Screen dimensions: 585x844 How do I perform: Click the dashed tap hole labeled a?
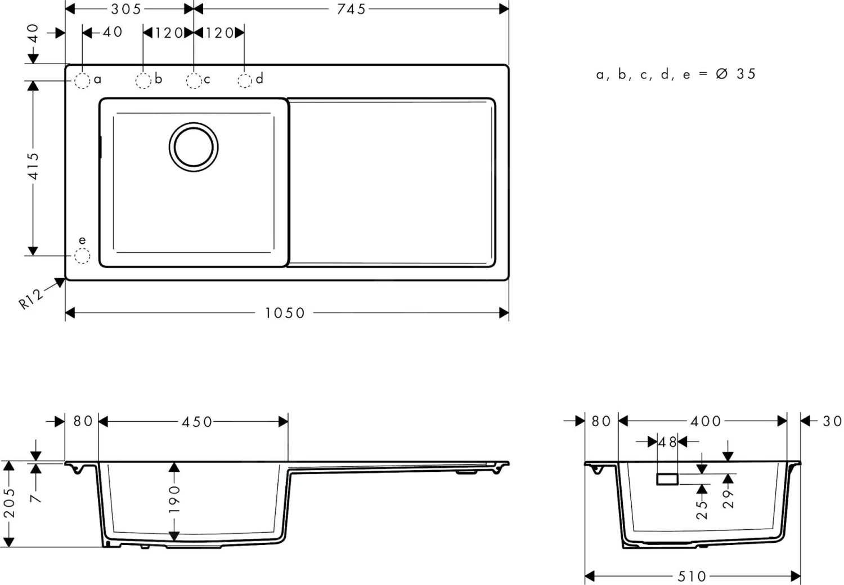point(82,81)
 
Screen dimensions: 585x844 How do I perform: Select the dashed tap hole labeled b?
point(143,81)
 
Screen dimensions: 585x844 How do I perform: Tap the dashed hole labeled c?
point(194,81)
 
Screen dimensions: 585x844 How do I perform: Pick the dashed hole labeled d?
point(244,81)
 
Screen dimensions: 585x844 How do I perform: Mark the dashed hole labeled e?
point(82,256)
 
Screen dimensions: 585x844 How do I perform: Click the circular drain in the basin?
point(194,147)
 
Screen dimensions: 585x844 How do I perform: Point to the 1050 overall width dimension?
point(285,313)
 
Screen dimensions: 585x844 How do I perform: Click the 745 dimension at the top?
point(351,9)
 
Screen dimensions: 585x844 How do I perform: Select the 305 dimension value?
point(126,9)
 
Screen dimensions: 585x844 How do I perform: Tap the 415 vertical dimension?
point(33,166)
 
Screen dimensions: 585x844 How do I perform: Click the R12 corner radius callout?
point(31,298)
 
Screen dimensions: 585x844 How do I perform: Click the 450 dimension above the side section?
point(196,422)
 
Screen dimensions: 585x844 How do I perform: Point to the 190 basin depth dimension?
point(174,499)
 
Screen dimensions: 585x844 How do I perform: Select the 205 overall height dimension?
point(10,503)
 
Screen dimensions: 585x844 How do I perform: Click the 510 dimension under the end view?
point(692,576)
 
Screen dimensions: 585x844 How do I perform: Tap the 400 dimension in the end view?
point(706,421)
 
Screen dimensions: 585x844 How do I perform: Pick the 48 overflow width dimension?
point(667,443)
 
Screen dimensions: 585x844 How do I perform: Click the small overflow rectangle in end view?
point(667,479)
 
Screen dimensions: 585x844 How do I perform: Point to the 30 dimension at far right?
point(832,421)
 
